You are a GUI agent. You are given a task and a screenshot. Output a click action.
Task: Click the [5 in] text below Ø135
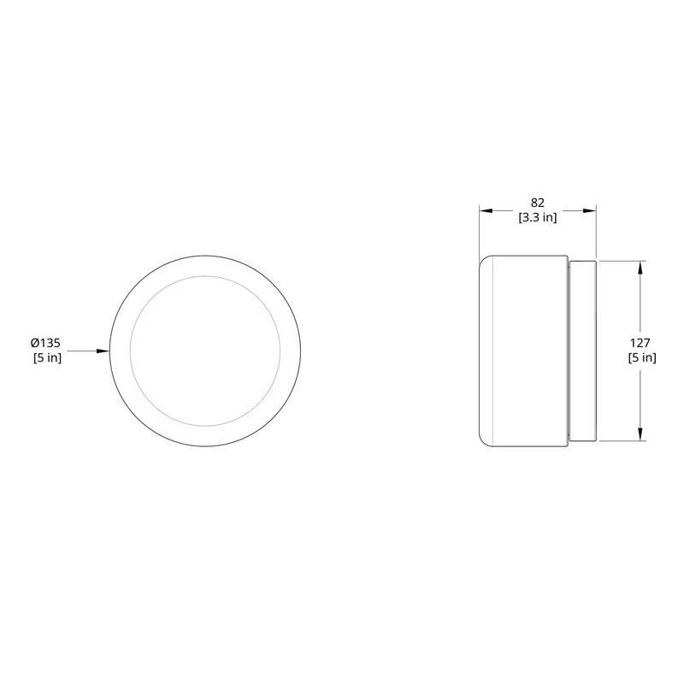(46, 358)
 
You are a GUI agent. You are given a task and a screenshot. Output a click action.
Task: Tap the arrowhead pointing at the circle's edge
(105, 351)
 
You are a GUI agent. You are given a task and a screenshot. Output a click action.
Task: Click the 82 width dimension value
(537, 203)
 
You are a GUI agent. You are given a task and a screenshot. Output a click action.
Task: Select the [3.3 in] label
(537, 217)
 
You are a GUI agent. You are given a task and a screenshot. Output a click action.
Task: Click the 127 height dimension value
(641, 342)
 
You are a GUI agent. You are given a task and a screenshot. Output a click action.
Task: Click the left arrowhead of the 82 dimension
(484, 209)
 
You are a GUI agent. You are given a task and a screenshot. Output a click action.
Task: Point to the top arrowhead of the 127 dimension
(640, 266)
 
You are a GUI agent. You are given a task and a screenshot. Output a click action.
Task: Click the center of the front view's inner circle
(205, 351)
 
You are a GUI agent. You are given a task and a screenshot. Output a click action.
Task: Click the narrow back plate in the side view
(582, 351)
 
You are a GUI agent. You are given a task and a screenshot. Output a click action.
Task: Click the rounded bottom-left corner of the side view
(484, 441)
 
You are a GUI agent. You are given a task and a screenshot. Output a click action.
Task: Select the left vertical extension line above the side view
(479, 231)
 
